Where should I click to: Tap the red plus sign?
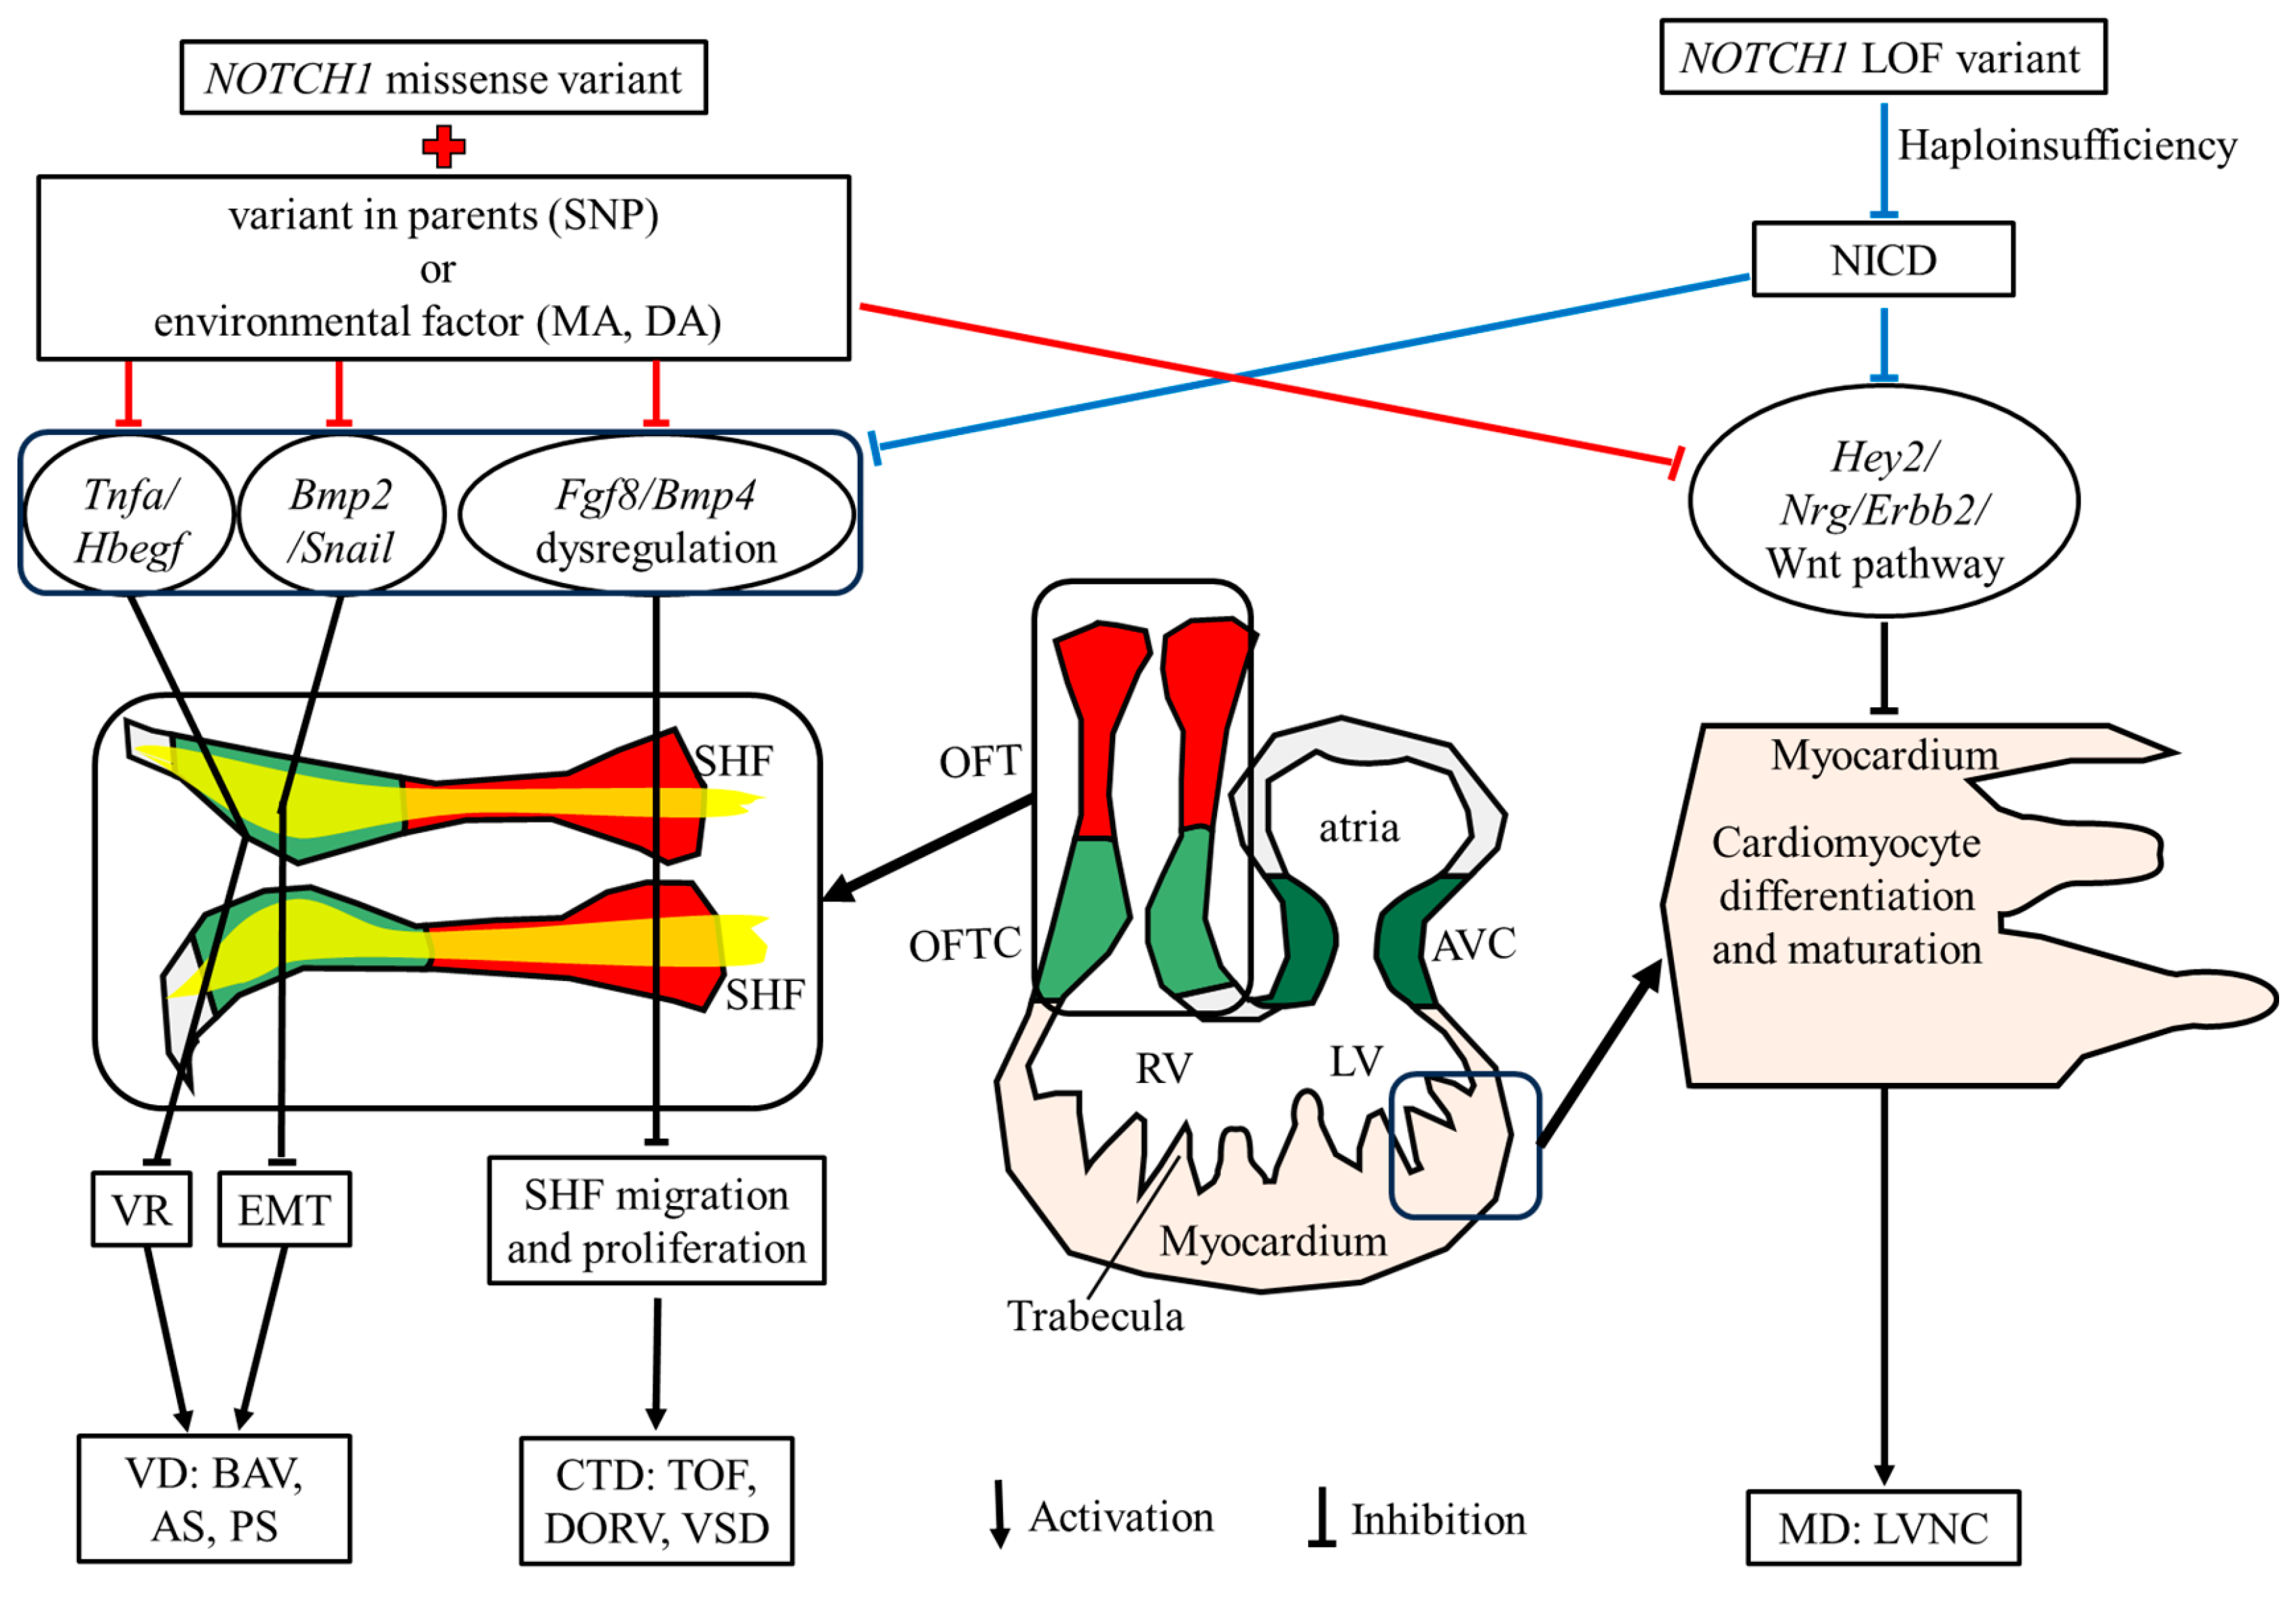coord(443,147)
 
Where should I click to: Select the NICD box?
coord(1882,260)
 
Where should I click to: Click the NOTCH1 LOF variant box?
coord(1882,58)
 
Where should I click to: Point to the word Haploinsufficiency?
coord(2067,146)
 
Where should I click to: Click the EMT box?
coord(285,1210)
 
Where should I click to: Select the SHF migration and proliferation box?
coord(657,1221)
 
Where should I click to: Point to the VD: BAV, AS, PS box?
coord(214,1499)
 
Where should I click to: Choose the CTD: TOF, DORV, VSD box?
coord(657,1501)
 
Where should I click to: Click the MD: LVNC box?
coord(1882,1528)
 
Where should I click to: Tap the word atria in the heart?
coord(1359,828)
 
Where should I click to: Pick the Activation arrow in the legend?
coord(999,1514)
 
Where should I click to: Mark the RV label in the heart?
coord(1163,1068)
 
